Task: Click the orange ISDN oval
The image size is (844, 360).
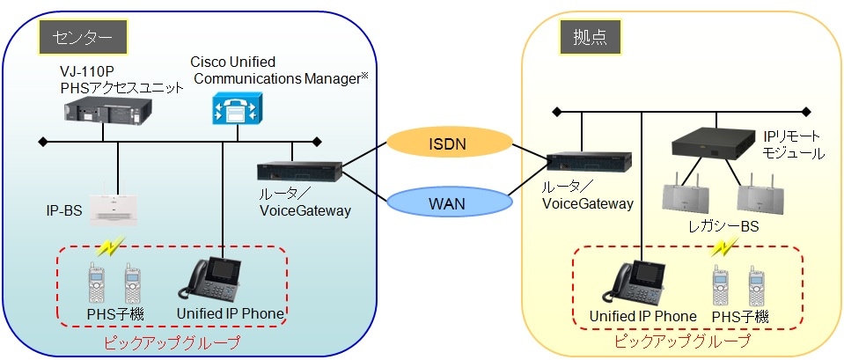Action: pos(449,143)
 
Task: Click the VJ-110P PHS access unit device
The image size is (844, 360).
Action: pos(104,113)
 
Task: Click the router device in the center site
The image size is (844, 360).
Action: pos(300,172)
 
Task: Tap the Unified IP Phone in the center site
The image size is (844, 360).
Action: pos(211,281)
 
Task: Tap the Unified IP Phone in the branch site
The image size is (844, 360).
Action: pos(633,283)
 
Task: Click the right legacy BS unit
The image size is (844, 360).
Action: pos(759,195)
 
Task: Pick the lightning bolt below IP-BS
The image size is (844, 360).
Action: pos(112,246)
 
